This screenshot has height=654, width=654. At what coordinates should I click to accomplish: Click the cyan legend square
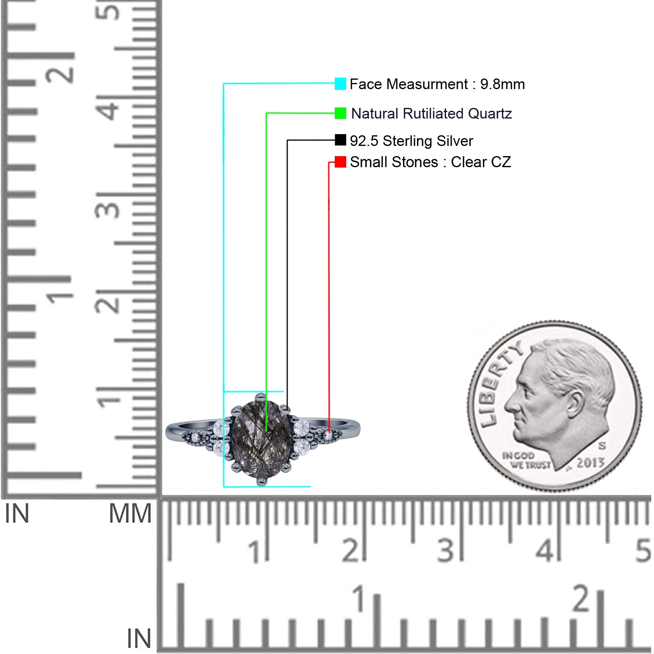tap(340, 84)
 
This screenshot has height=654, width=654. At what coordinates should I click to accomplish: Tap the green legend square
tap(340, 113)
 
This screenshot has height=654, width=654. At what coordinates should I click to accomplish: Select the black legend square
tap(340, 140)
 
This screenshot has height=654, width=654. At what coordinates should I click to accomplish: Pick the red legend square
tap(340, 162)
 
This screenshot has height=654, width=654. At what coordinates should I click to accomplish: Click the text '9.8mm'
tap(502, 84)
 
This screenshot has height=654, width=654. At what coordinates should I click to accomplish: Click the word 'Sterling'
tap(408, 141)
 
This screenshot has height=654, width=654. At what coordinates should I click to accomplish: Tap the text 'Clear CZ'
tap(481, 162)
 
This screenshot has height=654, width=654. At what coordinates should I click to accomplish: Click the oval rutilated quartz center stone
tap(262, 439)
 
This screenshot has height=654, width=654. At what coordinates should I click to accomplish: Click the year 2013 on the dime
tap(590, 463)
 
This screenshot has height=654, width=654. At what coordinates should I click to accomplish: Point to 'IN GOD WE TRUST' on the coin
tap(526, 460)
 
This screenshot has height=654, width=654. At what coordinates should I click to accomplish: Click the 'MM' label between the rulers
tap(130, 513)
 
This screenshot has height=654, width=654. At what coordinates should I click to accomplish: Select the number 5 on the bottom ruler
tap(643, 550)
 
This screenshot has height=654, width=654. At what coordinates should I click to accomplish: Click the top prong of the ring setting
tap(261, 396)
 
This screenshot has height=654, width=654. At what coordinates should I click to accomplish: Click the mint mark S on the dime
tap(602, 445)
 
